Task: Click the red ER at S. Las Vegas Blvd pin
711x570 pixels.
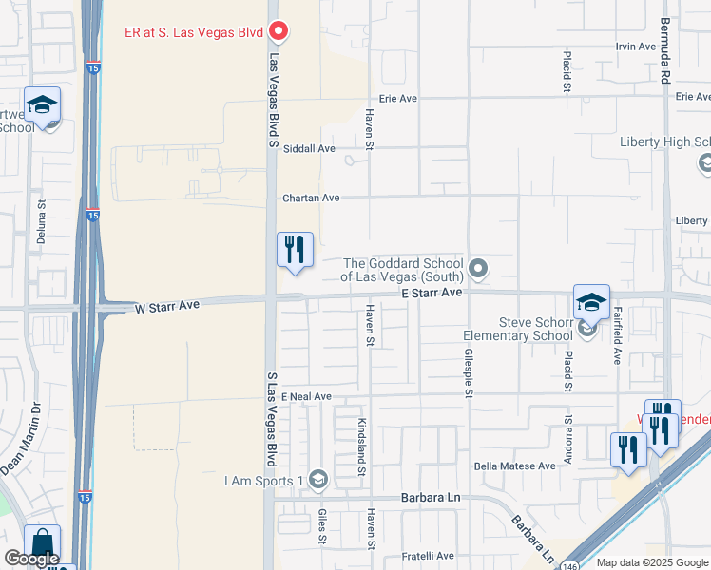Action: click(279, 32)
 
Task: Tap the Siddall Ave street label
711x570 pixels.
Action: click(311, 148)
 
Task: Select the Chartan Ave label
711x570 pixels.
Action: click(311, 198)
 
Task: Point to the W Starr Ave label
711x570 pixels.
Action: click(167, 307)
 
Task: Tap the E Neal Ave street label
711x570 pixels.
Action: click(305, 395)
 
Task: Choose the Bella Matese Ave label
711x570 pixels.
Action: click(514, 465)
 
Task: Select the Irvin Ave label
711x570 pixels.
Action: click(637, 47)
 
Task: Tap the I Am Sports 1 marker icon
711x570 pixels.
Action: click(318, 479)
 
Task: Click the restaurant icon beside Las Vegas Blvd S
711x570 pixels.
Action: click(295, 250)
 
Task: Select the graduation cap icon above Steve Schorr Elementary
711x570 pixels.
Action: click(591, 302)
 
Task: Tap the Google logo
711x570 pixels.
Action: click(31, 559)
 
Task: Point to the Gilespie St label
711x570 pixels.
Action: click(469, 371)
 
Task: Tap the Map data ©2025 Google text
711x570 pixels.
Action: click(651, 562)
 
